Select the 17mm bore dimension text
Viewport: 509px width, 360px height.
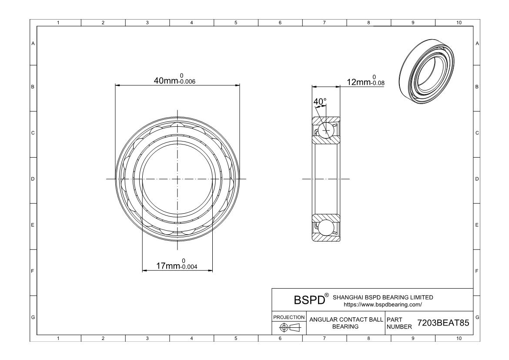(x=177, y=264)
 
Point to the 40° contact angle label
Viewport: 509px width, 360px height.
(x=320, y=102)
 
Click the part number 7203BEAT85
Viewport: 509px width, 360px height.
(x=443, y=323)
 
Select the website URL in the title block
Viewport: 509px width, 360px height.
(x=383, y=304)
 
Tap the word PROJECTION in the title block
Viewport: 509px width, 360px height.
(x=289, y=317)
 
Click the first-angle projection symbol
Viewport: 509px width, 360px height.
(x=290, y=327)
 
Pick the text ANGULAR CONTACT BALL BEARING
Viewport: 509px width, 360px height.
(x=346, y=323)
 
